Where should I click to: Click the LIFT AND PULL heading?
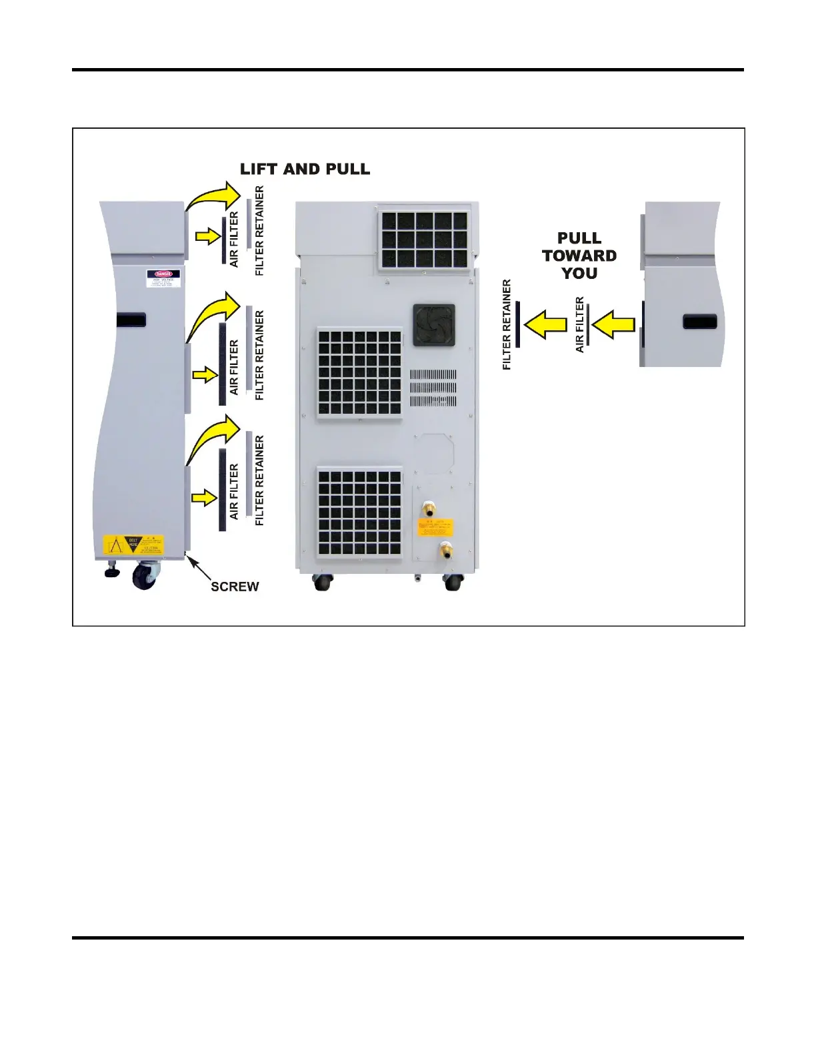point(305,169)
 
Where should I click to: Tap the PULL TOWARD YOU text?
point(579,256)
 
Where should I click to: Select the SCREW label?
point(235,587)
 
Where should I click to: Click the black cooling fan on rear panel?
point(434,325)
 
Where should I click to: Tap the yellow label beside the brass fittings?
point(435,527)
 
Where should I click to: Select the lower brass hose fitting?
point(444,551)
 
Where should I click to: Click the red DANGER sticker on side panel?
point(163,274)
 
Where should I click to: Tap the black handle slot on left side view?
point(131,320)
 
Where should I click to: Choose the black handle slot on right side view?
point(699,322)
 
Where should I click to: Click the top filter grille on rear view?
point(423,239)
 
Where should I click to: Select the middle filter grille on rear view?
point(359,373)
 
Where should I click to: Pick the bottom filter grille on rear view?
point(359,512)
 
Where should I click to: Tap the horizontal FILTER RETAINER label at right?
point(507,325)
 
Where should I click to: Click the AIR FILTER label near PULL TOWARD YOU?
point(579,325)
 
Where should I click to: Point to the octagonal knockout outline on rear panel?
point(434,454)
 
